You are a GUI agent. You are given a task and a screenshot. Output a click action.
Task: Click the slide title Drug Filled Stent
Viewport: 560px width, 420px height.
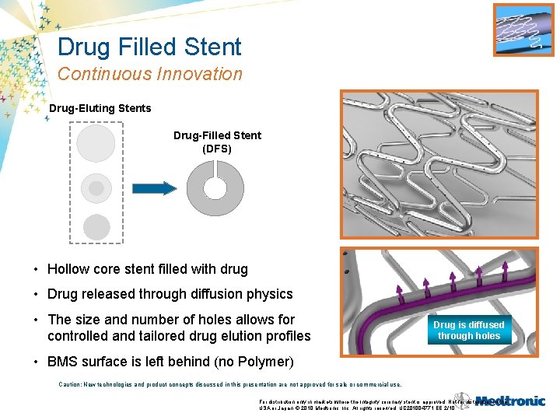(x=149, y=47)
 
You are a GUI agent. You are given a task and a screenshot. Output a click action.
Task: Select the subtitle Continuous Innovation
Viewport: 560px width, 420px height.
(x=149, y=75)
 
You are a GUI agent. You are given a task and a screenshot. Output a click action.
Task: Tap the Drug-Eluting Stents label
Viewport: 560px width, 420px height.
(x=100, y=108)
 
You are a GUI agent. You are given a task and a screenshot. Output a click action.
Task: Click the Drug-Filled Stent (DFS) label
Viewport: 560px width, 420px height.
(x=217, y=142)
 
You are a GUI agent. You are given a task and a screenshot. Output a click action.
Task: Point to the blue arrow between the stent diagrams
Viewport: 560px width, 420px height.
(x=155, y=187)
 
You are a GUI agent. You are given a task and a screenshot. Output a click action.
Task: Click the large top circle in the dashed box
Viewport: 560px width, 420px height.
(x=96, y=144)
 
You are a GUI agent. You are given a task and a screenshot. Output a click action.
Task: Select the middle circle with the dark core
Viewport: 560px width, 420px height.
(x=96, y=187)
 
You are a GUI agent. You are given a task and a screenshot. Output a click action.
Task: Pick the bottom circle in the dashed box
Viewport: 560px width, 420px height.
(x=96, y=227)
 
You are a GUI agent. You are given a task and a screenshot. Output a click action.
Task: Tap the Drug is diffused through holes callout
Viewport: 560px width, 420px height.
(x=468, y=331)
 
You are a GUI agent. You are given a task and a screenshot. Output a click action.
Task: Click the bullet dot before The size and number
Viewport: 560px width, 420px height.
(x=37, y=320)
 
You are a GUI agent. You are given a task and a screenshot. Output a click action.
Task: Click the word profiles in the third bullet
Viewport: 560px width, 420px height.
(x=285, y=336)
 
